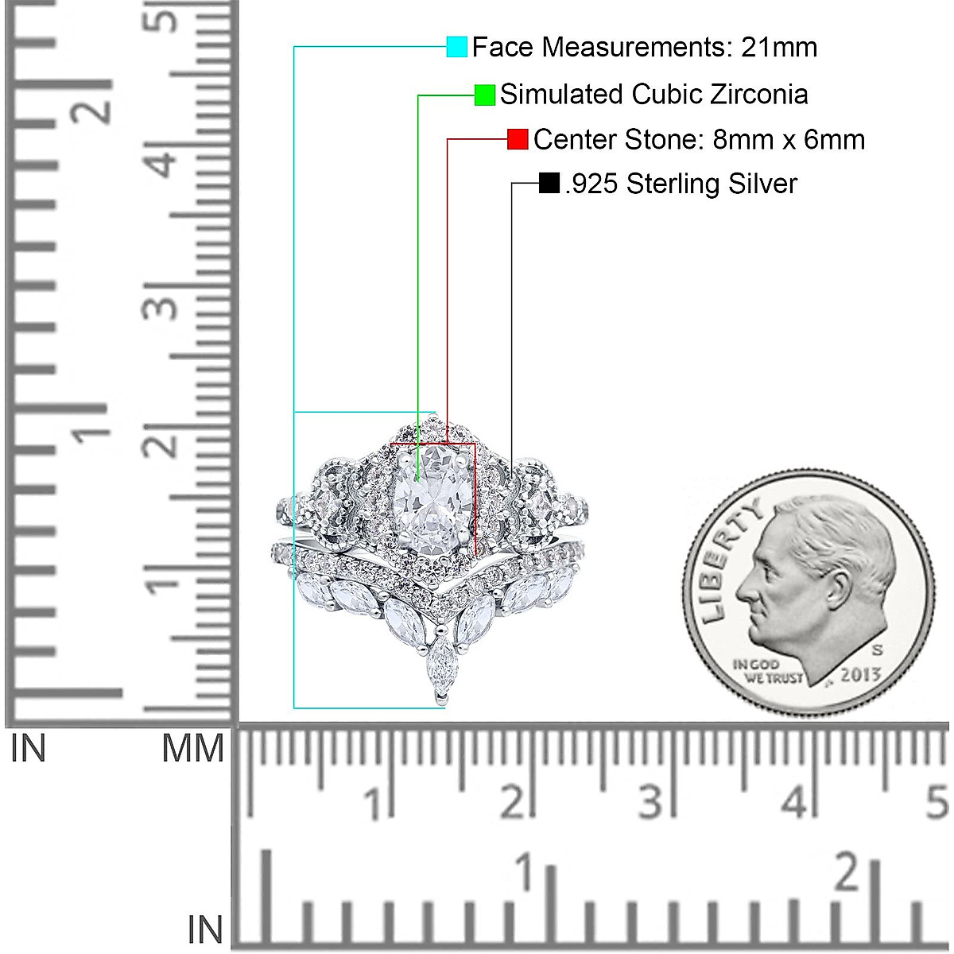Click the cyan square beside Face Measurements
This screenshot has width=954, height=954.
456,47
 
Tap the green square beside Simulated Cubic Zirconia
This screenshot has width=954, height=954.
485,95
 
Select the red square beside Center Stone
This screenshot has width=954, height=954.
518,139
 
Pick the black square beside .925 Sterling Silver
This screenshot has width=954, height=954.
549,183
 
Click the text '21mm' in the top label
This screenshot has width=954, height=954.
779,48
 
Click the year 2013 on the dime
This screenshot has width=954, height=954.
860,675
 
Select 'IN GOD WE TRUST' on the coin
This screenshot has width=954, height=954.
766,671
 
